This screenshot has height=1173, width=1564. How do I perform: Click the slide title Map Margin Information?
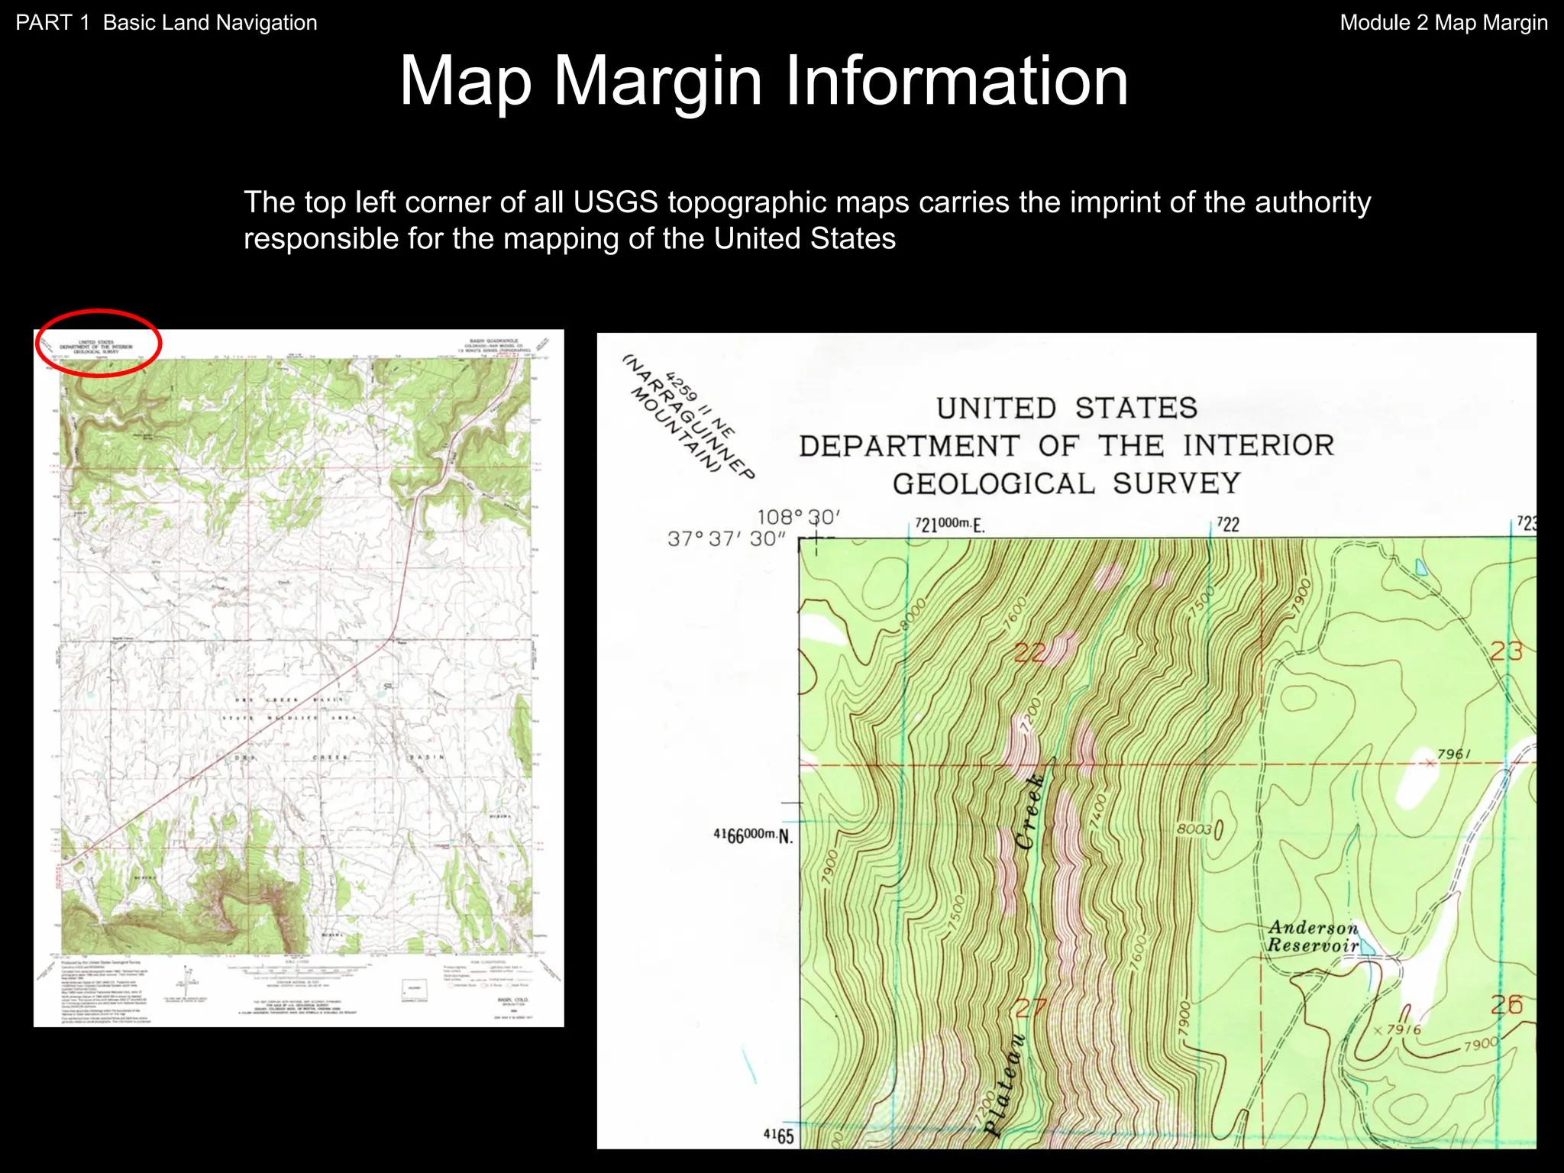764,81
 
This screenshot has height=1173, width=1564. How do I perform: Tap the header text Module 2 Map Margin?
1443,23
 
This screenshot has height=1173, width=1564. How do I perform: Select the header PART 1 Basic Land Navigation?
166,23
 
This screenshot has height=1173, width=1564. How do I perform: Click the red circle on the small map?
99,343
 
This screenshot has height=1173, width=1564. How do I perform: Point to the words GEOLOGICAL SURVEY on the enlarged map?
1066,483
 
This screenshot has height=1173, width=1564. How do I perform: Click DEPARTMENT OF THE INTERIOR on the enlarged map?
1066,445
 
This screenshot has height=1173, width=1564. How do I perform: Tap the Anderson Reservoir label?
1314,936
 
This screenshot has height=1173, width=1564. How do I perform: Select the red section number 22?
1031,653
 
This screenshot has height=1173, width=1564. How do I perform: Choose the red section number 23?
1506,651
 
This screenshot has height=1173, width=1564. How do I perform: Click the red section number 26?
1506,1005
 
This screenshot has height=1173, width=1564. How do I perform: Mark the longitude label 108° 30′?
798,517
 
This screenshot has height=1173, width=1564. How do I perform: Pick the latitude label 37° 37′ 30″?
726,539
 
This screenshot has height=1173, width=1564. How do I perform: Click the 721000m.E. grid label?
950,525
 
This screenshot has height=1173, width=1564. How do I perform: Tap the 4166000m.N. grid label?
753,835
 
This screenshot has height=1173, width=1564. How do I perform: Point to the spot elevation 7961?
1453,755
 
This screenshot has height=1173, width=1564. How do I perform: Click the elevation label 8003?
1194,829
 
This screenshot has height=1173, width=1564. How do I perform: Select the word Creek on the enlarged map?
1031,812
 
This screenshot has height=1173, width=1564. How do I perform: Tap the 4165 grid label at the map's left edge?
778,1136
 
